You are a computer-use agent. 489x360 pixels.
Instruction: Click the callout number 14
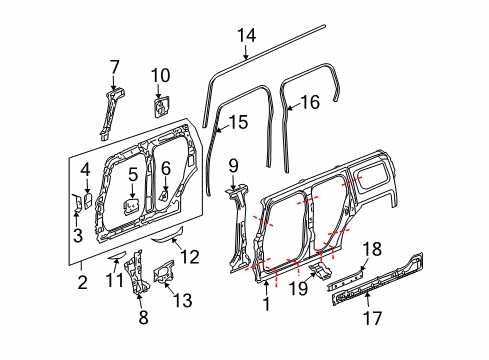pyautogui.click(x=246, y=38)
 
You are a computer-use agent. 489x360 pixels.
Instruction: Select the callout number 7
pyautogui.click(x=115, y=67)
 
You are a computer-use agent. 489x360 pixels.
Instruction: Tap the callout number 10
pyautogui.click(x=161, y=75)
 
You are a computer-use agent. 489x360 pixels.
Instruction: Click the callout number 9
pyautogui.click(x=232, y=165)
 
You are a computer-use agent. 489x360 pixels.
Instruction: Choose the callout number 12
pyautogui.click(x=189, y=257)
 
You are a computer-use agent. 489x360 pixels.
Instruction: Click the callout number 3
pyautogui.click(x=76, y=235)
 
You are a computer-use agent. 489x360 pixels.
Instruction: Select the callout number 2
pyautogui.click(x=84, y=281)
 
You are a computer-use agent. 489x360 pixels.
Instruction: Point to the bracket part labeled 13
pyautogui.click(x=162, y=273)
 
